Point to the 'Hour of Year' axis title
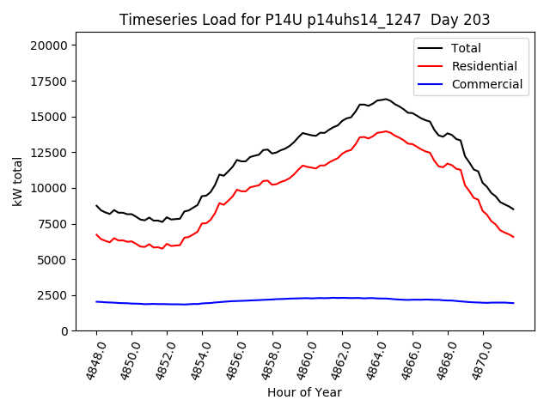[304, 392]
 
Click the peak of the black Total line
[386, 99]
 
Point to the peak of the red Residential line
[386, 131]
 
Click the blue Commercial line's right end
[513, 303]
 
